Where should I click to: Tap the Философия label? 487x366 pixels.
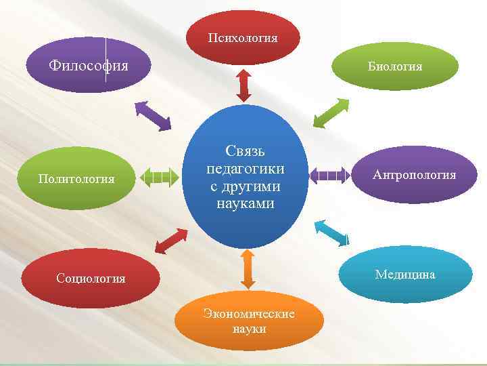[88, 66]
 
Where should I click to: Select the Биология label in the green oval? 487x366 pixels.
[395, 66]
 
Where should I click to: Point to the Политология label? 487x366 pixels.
[76, 179]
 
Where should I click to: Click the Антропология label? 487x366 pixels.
[414, 175]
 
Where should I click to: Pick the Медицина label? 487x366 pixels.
[405, 274]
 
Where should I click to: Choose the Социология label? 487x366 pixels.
[91, 279]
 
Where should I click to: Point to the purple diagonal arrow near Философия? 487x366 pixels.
[153, 115]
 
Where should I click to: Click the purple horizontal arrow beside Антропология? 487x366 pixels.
[331, 175]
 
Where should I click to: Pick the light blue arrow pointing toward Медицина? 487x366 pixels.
[332, 234]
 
